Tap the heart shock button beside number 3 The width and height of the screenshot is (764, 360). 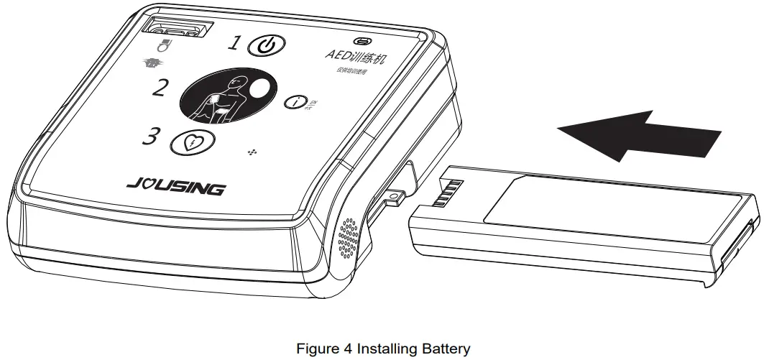[190, 142]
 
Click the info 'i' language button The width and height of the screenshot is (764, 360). [298, 103]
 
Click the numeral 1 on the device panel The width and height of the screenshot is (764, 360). [234, 44]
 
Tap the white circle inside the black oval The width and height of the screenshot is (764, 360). [259, 89]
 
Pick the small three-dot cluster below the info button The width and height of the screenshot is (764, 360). [252, 152]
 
